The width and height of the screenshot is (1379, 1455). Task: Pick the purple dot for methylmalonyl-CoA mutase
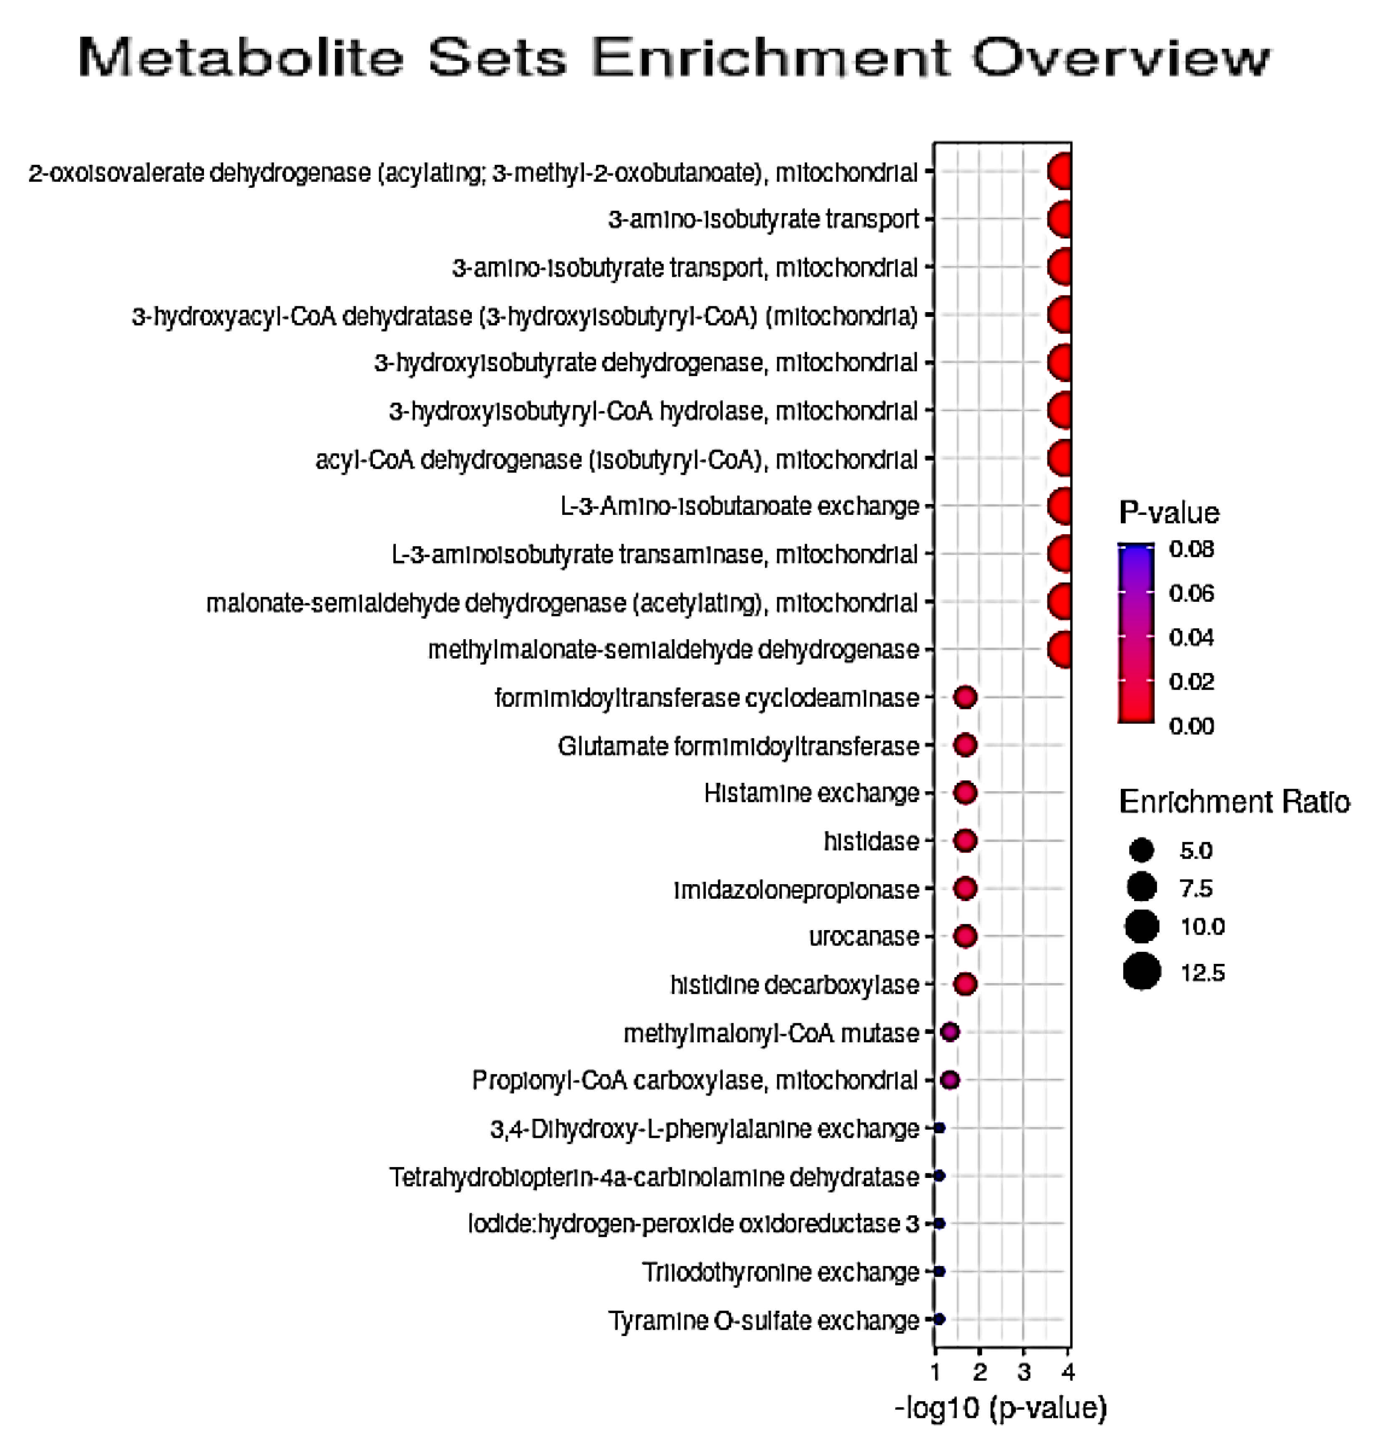[950, 1032]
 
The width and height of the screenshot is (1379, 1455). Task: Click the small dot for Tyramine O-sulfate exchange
[939, 1319]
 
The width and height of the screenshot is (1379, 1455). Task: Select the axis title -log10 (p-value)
[1000, 1408]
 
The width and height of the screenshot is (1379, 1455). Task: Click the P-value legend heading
[1168, 512]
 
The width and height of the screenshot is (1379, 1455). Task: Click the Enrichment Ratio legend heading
[1233, 802]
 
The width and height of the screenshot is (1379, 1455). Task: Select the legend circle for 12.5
[1142, 972]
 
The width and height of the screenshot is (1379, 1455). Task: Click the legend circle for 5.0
[1142, 851]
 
